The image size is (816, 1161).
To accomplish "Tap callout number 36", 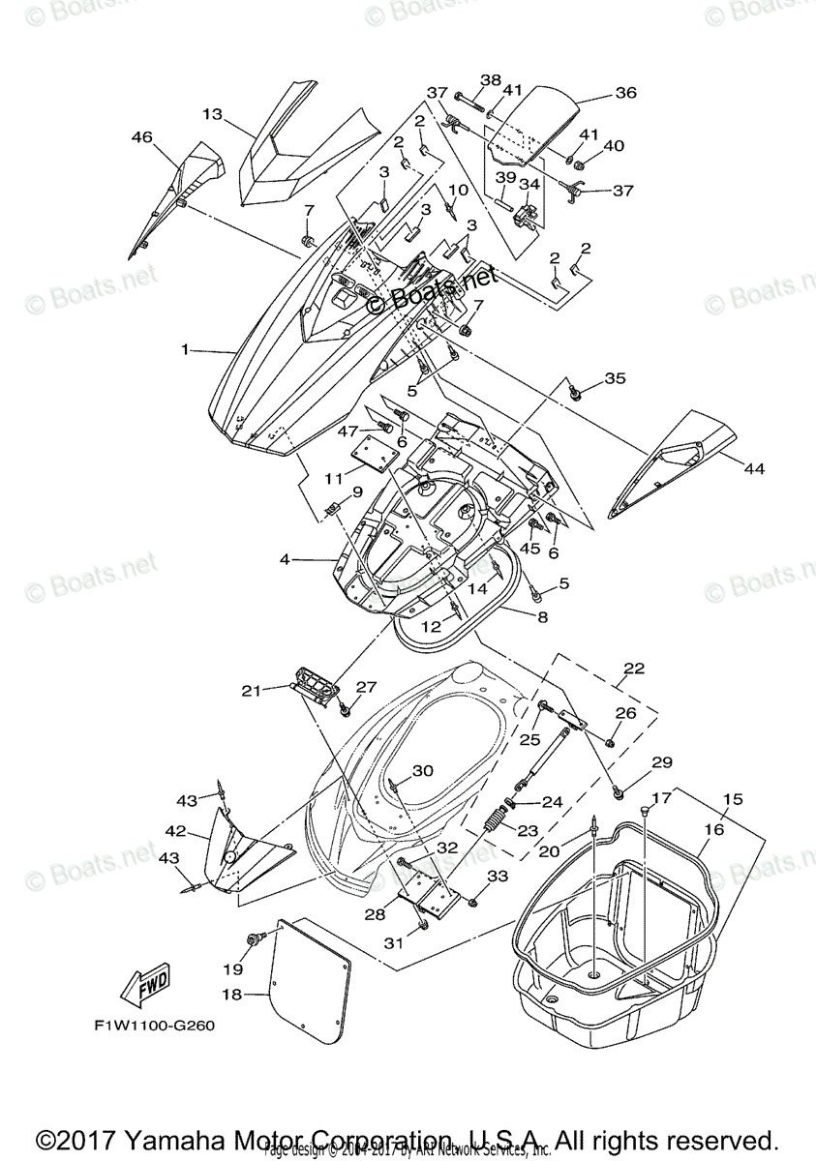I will click(x=626, y=93).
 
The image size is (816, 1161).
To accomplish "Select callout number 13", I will click(x=213, y=114).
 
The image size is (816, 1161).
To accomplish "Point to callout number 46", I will click(x=142, y=138).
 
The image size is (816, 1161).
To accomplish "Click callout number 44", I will click(x=754, y=468).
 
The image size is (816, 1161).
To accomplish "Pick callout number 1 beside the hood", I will click(x=185, y=348).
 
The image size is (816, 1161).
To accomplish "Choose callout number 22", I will click(x=634, y=669).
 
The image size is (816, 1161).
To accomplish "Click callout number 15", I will click(x=733, y=800).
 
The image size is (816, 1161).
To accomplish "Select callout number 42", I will click(x=175, y=830).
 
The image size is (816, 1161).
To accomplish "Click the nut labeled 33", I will click(x=473, y=902).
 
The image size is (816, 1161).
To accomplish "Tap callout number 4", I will click(x=286, y=559).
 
